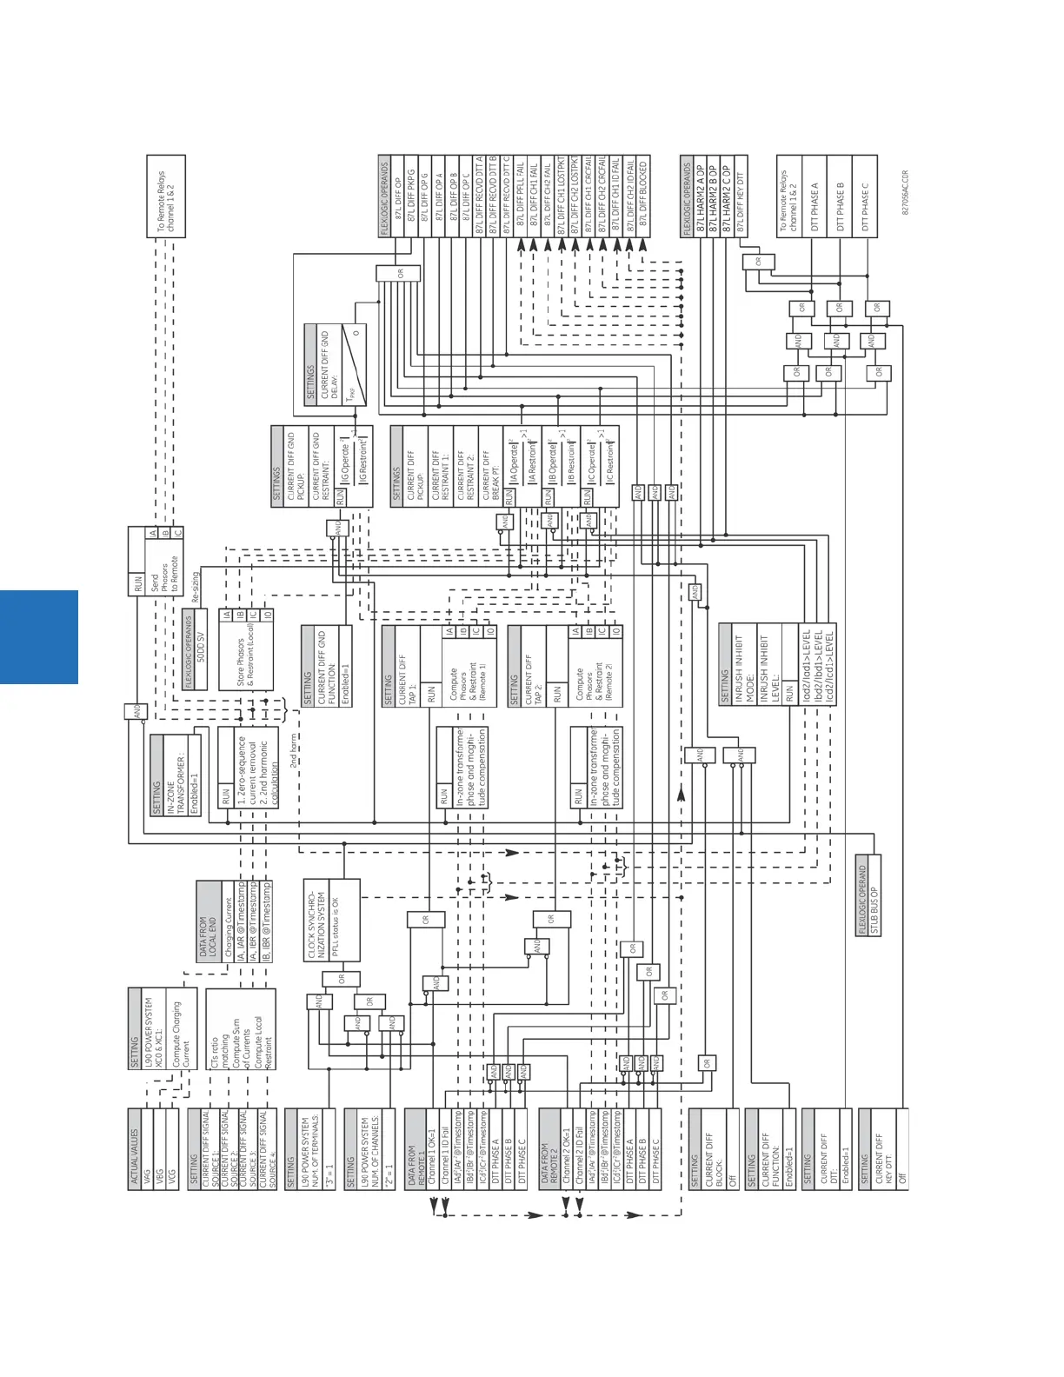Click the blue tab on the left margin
click(39, 636)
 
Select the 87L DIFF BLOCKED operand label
click(643, 195)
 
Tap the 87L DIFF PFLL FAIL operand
click(521, 195)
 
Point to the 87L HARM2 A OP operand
click(700, 196)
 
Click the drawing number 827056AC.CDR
click(905, 193)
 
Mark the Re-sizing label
click(196, 587)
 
